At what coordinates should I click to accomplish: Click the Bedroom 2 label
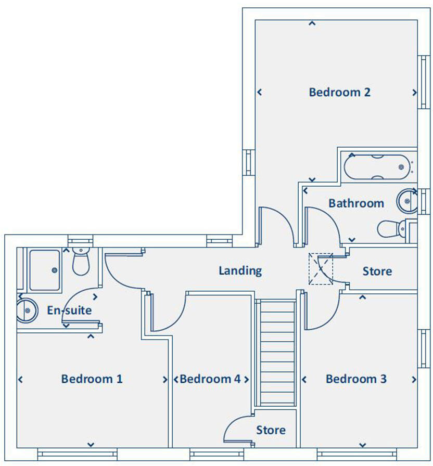(x=340, y=92)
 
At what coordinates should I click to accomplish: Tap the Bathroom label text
(x=356, y=203)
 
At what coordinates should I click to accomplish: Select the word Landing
(x=240, y=271)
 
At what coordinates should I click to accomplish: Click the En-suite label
(x=69, y=310)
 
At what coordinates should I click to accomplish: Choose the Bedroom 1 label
(x=92, y=379)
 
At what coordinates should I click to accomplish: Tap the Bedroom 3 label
(x=356, y=379)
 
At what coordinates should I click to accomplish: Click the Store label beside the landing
(x=377, y=271)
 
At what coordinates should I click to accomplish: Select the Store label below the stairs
(x=271, y=430)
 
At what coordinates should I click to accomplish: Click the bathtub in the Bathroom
(x=377, y=167)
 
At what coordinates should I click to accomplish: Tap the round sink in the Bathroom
(x=407, y=201)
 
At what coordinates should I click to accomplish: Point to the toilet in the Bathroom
(x=392, y=229)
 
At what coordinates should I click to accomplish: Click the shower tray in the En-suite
(x=45, y=270)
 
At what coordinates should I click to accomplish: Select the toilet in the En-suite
(x=81, y=262)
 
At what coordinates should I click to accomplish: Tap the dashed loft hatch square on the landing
(x=321, y=269)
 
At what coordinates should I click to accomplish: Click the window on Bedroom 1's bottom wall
(x=78, y=454)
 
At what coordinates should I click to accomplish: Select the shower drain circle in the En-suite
(x=55, y=270)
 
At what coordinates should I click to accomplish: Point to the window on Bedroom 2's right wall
(x=424, y=82)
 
